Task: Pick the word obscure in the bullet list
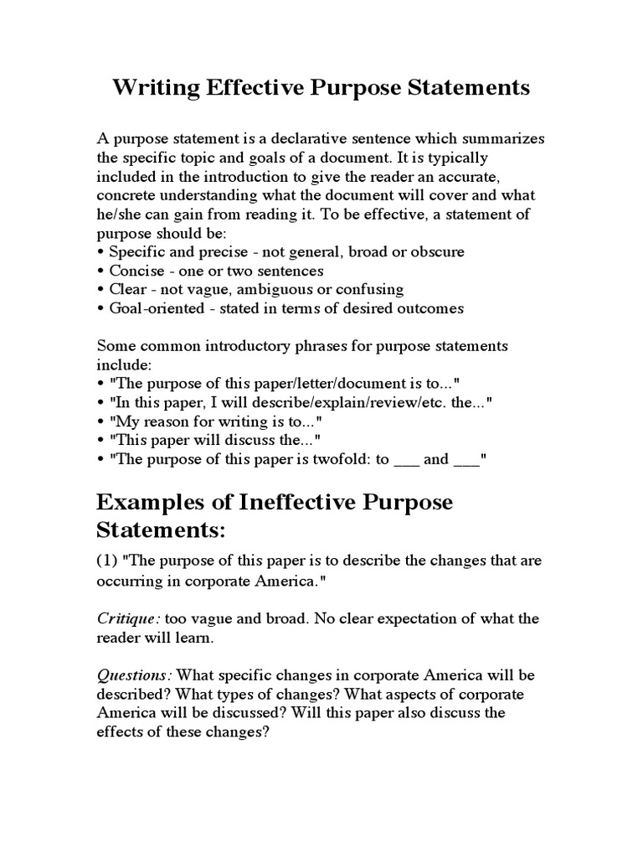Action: (435, 251)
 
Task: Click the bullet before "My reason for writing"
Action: (101, 421)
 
